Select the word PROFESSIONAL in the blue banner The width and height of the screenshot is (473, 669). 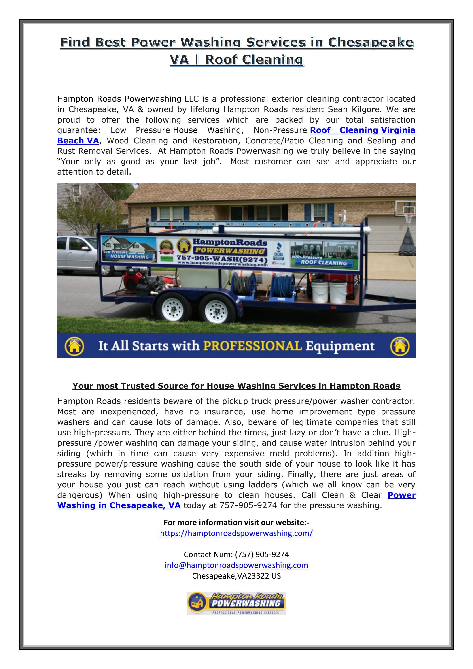pyautogui.click(x=252, y=346)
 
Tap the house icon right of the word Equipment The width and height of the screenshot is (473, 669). pyautogui.click(x=399, y=346)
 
